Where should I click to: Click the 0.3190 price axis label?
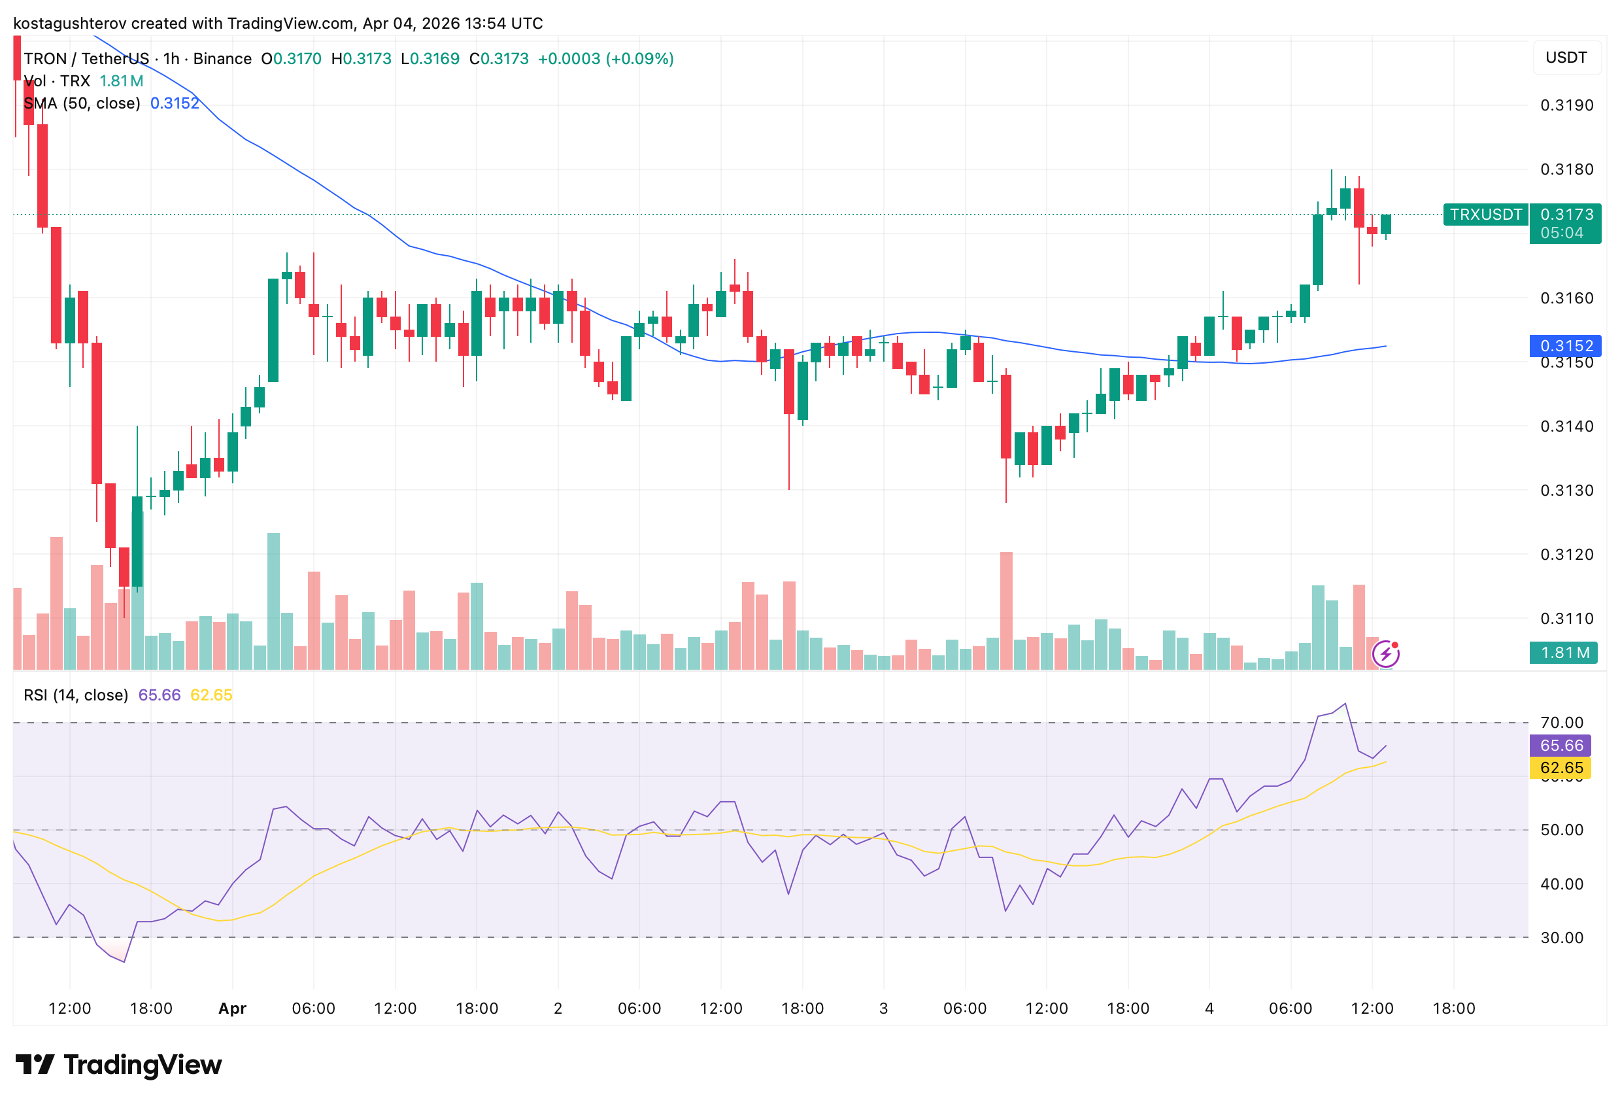tap(1566, 105)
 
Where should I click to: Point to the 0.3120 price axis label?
tap(1566, 555)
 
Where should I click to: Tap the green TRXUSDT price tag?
tap(1485, 214)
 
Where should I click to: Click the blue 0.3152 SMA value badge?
tap(1566, 346)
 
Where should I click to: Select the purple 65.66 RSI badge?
tap(1561, 746)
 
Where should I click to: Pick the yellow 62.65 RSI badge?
tap(1561, 768)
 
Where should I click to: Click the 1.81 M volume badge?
tap(1564, 653)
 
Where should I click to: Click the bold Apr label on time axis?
tap(232, 1009)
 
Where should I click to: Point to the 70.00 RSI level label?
tap(1561, 723)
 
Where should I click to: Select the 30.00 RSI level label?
tap(1561, 937)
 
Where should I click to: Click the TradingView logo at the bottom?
tap(118, 1065)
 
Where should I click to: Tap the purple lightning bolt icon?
tap(1385, 653)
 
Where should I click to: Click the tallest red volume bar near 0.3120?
tap(1006, 610)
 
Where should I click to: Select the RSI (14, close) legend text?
tap(76, 695)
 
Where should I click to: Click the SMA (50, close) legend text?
tap(82, 103)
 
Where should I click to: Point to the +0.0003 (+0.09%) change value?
tap(605, 59)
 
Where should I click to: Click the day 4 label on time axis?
tap(1209, 1009)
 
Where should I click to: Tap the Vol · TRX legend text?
tap(57, 81)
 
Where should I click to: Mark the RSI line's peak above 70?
tap(1345, 704)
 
